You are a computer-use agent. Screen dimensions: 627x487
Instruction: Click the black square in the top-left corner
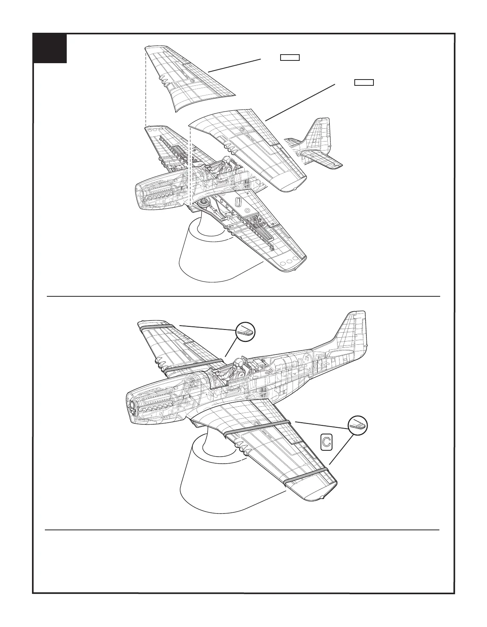[50, 48]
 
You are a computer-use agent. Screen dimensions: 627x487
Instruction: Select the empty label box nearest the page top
[290, 58]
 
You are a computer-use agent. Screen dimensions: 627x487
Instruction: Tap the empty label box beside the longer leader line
[364, 82]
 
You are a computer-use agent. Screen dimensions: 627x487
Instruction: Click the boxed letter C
[326, 442]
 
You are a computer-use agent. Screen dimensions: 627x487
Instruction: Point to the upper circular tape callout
[245, 332]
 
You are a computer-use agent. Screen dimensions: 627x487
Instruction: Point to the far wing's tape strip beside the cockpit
[194, 365]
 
